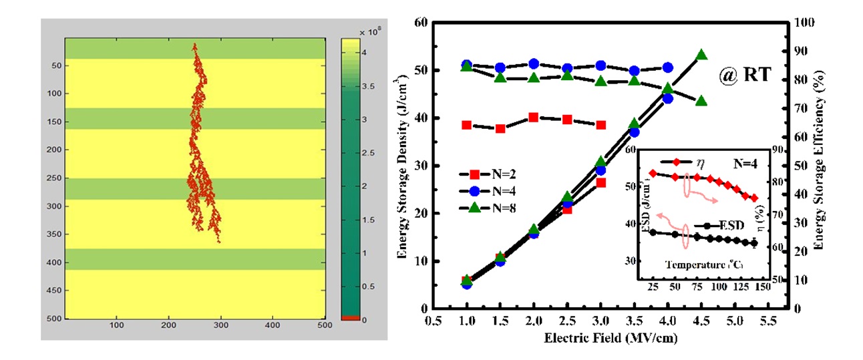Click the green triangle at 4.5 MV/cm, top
click(701, 55)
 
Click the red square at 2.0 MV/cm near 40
click(533, 118)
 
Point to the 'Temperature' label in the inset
click(695, 265)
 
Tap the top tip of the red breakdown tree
click(195, 44)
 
